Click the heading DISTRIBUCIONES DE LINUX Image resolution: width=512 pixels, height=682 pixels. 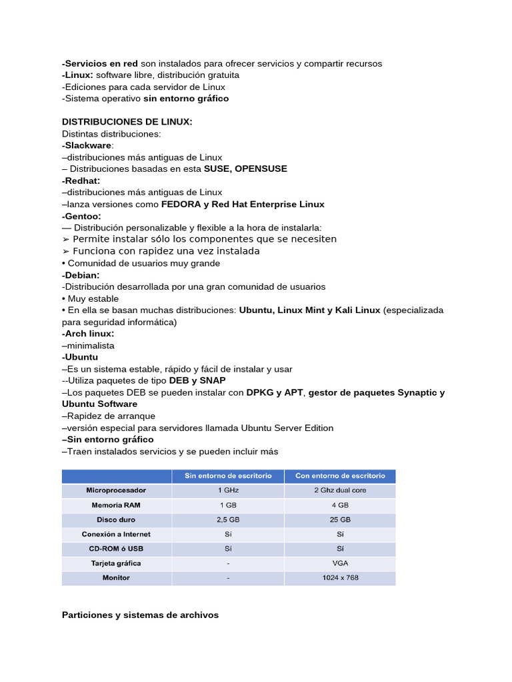pos(127,122)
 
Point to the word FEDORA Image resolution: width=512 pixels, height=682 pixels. pos(181,204)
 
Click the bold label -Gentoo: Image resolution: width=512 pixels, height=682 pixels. pos(81,216)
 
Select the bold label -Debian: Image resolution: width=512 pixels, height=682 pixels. pos(81,275)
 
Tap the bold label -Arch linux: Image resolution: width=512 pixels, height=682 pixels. pos(88,334)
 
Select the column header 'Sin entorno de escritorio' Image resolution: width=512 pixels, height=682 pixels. pos(227,476)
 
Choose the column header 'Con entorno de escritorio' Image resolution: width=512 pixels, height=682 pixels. pos(340,476)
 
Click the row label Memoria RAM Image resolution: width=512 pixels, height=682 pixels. pos(116,505)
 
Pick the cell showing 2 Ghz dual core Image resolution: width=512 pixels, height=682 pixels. pos(340,490)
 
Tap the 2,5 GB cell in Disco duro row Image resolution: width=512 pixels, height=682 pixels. pos(227,519)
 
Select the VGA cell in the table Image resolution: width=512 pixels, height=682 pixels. pos(340,563)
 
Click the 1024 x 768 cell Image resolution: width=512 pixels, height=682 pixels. pos(340,578)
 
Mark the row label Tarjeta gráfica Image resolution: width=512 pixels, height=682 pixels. pos(116,563)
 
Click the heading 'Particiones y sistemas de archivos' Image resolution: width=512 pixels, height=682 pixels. pos(140,615)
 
